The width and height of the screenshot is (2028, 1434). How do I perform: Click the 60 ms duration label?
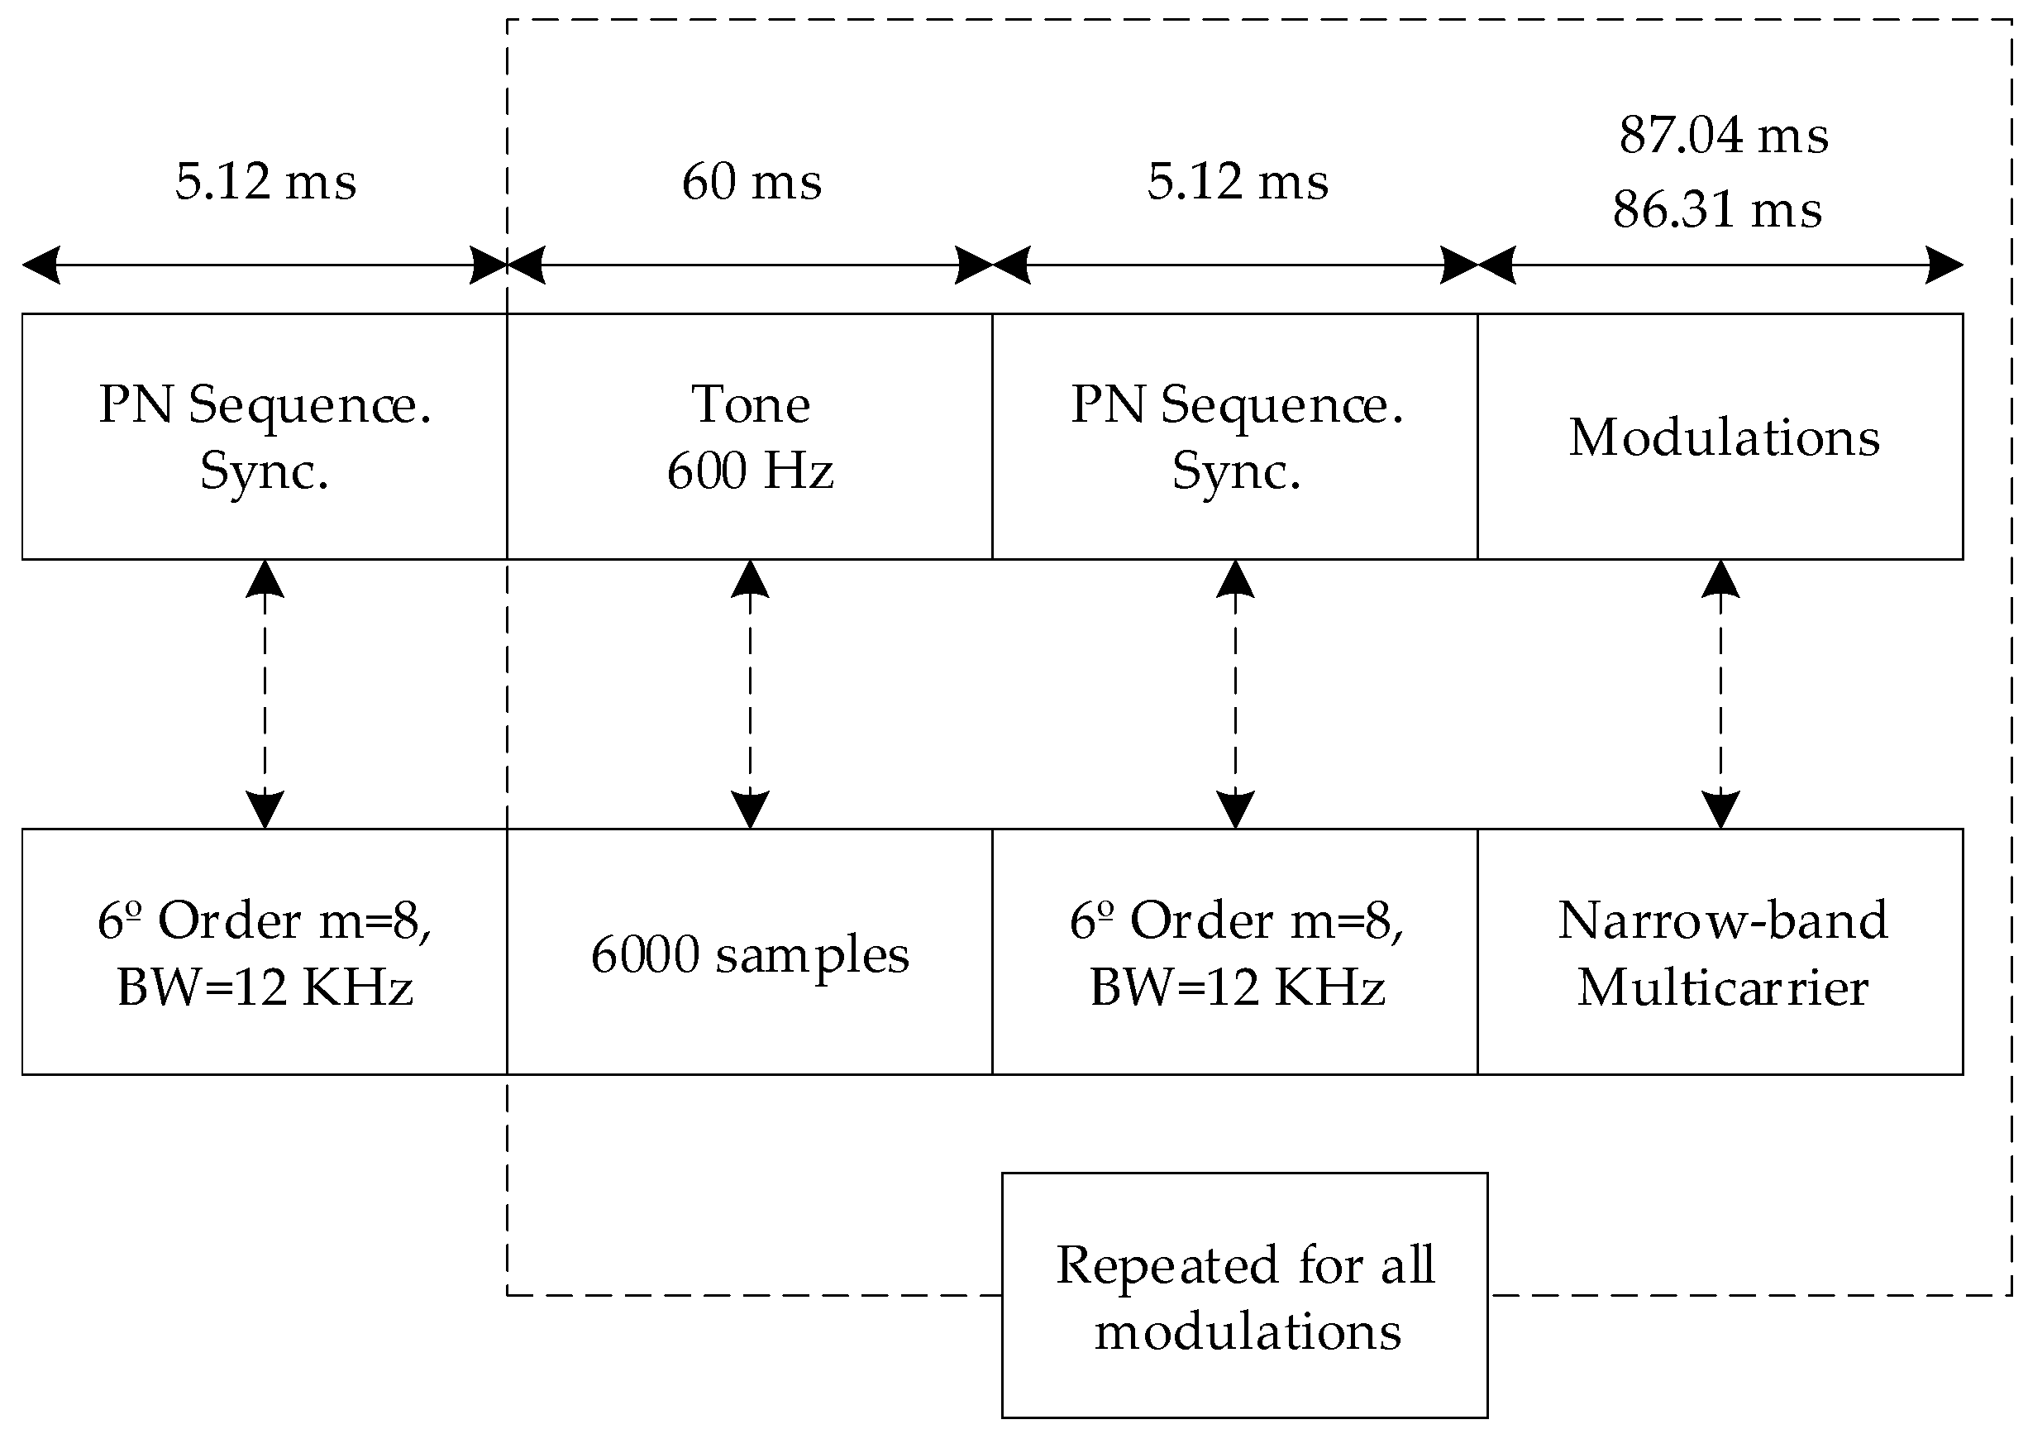(x=752, y=182)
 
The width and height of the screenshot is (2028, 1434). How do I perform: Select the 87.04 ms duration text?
(x=1723, y=136)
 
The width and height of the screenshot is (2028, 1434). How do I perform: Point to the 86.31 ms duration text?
(x=1717, y=210)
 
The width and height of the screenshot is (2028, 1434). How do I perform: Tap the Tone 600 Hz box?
(x=750, y=437)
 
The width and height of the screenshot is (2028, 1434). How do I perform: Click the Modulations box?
(x=1720, y=437)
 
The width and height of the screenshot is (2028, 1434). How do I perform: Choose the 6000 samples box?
(x=750, y=953)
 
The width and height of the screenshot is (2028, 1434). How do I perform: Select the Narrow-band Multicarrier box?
(x=1720, y=953)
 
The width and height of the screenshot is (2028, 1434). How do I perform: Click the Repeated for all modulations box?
(x=1244, y=1295)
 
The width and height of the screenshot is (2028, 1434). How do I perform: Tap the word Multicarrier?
(x=1723, y=987)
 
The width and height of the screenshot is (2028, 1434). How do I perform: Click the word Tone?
(x=750, y=404)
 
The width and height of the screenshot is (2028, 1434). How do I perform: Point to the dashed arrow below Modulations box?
(x=1720, y=694)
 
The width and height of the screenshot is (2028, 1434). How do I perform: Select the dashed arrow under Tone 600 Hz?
(x=750, y=694)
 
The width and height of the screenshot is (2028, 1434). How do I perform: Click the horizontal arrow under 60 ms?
(x=750, y=265)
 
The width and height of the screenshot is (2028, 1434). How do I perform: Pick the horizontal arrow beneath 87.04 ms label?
(x=1720, y=265)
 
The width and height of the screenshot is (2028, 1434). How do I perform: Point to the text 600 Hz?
(x=750, y=470)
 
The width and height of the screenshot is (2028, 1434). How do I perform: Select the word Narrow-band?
(x=1723, y=920)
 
